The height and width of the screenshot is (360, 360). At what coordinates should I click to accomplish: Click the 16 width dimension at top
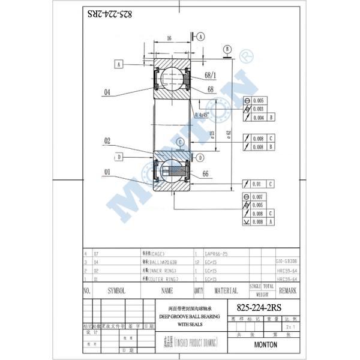pos(169,38)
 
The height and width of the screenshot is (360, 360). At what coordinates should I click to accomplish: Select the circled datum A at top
pos(200,36)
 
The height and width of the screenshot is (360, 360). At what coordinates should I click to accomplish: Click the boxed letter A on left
pos(120,64)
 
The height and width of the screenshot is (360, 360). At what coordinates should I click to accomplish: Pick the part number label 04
pos(107,92)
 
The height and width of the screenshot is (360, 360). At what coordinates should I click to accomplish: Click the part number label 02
pos(107,141)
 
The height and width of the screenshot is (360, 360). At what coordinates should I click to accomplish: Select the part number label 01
pos(107,173)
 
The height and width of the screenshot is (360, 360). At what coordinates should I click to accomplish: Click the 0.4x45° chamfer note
pos(203,115)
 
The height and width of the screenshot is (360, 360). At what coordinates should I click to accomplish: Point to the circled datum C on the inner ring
pos(179,142)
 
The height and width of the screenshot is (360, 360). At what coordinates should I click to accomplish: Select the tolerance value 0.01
pos(256,184)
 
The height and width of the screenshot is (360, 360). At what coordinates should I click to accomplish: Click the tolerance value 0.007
pos(257,197)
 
